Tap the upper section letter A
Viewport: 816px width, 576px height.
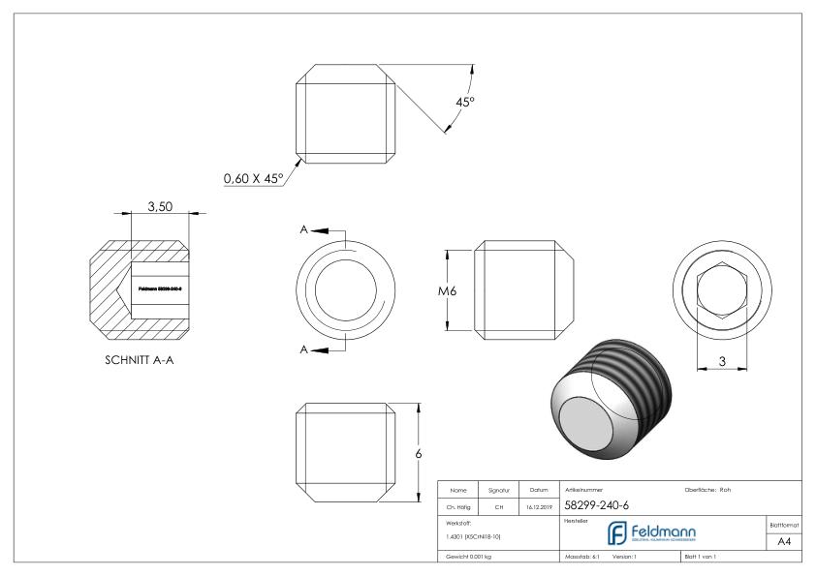coord(305,230)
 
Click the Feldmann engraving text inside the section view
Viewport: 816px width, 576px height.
coord(160,288)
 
